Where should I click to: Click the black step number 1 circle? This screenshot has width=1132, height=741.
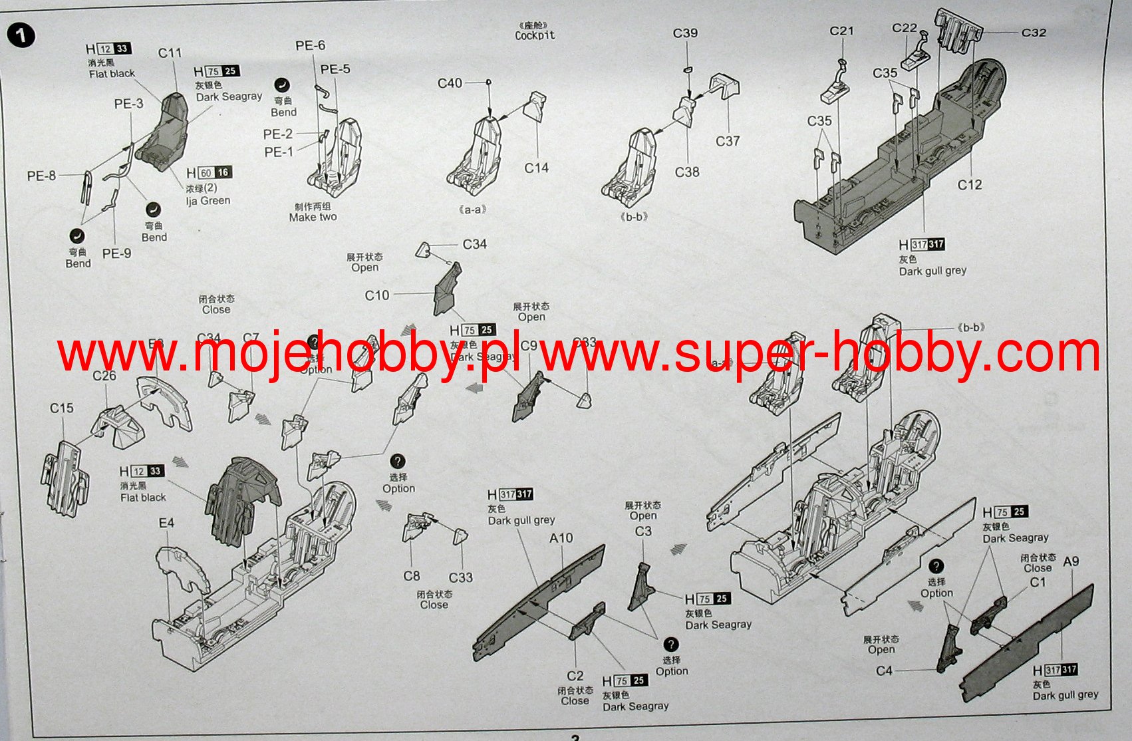tap(21, 35)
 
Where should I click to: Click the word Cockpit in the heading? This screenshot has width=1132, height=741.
tap(535, 35)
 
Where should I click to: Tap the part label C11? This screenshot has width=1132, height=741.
tap(170, 53)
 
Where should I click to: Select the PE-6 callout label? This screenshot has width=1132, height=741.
tap(310, 45)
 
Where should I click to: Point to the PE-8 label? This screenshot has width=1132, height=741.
tap(41, 176)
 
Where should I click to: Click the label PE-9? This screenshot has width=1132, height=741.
tap(116, 253)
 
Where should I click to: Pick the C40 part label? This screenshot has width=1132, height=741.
tap(450, 83)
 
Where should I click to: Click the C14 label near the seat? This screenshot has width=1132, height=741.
tap(536, 168)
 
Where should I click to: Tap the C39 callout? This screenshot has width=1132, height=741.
tap(685, 33)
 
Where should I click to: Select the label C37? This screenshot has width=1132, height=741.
tap(728, 141)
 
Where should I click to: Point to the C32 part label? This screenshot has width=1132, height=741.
tap(1034, 33)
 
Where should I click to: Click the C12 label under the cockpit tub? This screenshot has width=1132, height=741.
tap(970, 185)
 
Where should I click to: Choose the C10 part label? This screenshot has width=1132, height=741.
tap(377, 295)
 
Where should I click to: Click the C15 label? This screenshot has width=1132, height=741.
tap(62, 408)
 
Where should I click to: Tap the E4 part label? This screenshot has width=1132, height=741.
tap(166, 523)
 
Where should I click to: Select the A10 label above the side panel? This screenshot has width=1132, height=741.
tap(561, 537)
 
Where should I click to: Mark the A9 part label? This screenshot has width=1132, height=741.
tap(1071, 561)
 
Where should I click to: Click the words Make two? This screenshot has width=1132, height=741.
tap(313, 217)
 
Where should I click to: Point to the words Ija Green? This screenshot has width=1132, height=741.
tap(208, 200)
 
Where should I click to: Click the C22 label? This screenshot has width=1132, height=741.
tap(905, 28)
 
